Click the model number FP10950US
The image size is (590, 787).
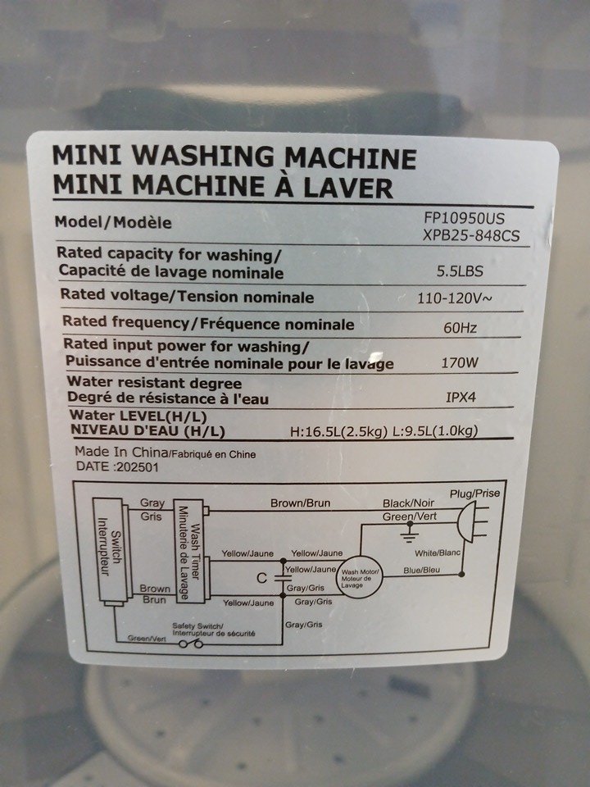coord(464,218)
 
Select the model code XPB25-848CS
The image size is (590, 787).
coord(470,235)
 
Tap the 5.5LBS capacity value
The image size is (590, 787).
coord(460,271)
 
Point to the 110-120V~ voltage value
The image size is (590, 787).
coord(455,298)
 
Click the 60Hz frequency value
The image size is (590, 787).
coord(460,328)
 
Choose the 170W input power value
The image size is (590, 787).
coord(460,362)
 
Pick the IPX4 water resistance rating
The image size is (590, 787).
coord(461,398)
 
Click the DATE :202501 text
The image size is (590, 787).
coord(117,466)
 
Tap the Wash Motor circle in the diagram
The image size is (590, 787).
coord(360,577)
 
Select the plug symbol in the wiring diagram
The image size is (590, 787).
coord(472,522)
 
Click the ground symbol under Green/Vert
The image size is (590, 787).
coord(410,534)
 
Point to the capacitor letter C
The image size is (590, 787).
coord(261,578)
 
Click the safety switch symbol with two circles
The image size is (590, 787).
coord(191,644)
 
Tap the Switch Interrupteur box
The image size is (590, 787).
coord(109,551)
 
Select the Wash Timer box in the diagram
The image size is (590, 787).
coord(189,551)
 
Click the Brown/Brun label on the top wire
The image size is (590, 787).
coord(300,503)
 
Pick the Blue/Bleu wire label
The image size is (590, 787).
coord(421,571)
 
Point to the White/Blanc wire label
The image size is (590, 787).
coord(438,553)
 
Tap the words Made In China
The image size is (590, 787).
coord(121,452)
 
